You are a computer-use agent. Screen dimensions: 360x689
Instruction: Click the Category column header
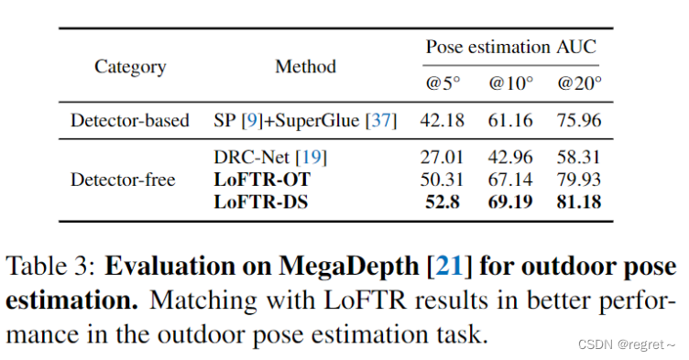tap(131, 67)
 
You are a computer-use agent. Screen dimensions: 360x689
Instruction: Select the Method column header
tap(305, 67)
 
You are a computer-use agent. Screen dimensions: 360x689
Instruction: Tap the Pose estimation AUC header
tap(510, 46)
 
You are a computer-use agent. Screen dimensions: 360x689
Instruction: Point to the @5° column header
tap(443, 84)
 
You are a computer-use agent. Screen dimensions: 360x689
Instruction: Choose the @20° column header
tap(579, 84)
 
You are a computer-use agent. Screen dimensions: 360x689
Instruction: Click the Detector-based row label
tap(130, 121)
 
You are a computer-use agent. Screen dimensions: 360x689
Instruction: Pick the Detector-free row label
tap(124, 180)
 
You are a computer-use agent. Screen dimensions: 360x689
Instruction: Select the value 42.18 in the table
tap(443, 121)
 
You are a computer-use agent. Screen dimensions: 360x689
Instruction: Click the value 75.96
tap(579, 121)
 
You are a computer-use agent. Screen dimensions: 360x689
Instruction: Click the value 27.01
tap(443, 158)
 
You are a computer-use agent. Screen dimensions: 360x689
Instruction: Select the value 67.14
tap(510, 180)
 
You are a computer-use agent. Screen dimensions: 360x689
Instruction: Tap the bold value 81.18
tap(579, 201)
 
